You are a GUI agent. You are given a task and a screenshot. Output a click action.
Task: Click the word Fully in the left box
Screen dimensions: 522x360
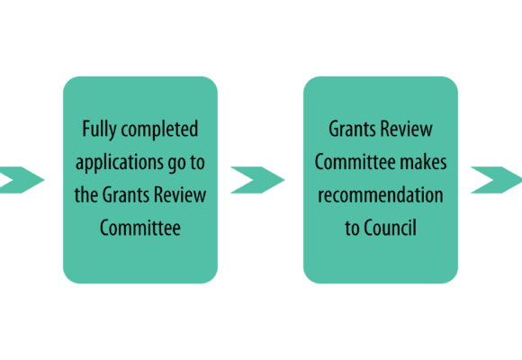pos(99,130)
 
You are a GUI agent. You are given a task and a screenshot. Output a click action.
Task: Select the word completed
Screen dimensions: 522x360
pos(159,130)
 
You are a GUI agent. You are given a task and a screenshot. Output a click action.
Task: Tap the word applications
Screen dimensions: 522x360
pos(119,163)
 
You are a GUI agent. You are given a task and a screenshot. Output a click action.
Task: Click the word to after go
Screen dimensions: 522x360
pos(197,162)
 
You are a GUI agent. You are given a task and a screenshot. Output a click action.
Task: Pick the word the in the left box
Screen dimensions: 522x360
pos(85,194)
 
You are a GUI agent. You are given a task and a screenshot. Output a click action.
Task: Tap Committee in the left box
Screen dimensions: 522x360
pos(140,228)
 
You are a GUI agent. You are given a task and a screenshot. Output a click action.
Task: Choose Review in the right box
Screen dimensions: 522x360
pos(407,129)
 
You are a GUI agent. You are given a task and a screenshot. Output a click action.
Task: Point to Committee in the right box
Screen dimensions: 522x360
pos(355,162)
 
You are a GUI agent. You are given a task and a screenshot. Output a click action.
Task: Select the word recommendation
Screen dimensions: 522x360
pos(381,194)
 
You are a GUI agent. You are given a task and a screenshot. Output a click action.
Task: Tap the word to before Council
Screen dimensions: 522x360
pos(352,228)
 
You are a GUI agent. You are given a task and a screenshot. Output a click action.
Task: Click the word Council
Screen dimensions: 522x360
pos(391,228)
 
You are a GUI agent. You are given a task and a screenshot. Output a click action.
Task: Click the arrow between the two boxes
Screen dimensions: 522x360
pos(257,180)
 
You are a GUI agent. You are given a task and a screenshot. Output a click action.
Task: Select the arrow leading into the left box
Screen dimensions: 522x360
pos(21,180)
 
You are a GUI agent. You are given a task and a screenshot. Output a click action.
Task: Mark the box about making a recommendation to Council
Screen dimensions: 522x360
pos(381,180)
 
